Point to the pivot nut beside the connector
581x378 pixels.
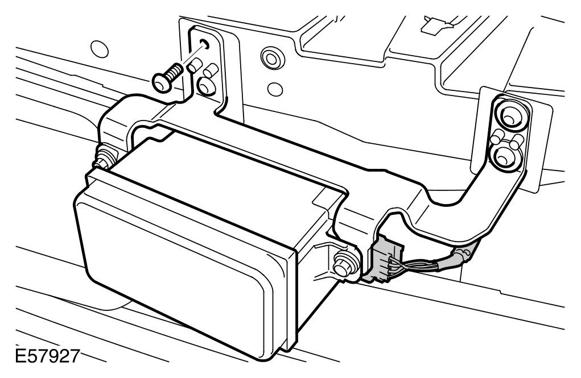[x=343, y=261]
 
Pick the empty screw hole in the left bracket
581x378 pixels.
[x=204, y=44]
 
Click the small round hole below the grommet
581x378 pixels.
[x=275, y=88]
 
